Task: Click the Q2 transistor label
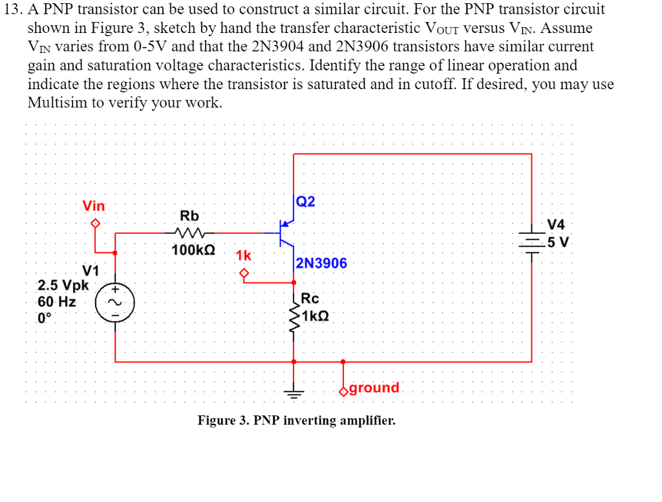click(306, 201)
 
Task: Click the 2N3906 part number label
click(321, 263)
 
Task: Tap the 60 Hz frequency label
click(57, 302)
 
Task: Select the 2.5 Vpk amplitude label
click(63, 285)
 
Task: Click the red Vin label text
click(94, 206)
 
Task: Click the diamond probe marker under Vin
click(96, 224)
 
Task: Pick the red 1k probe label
click(243, 255)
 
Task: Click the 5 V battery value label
click(557, 243)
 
